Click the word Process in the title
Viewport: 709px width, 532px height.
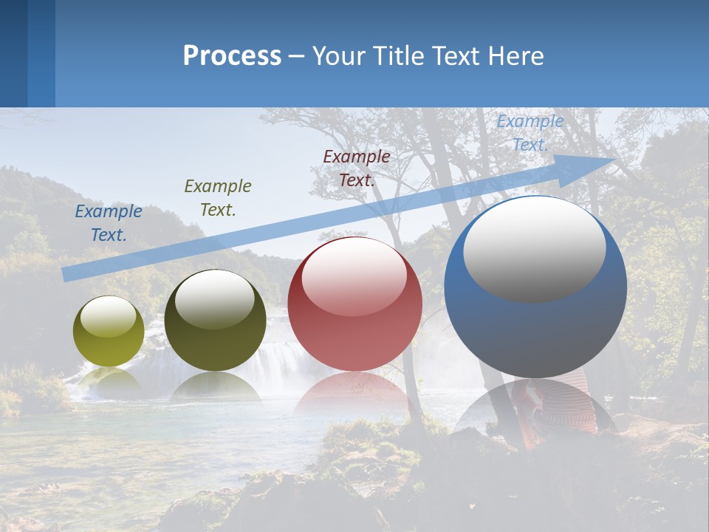(232, 56)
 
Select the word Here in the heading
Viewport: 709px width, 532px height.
(516, 56)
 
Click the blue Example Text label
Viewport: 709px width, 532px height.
(109, 223)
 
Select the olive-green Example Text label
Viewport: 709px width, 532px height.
(218, 198)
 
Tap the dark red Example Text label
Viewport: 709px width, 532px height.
(357, 168)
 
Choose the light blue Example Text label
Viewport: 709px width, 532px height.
(530, 133)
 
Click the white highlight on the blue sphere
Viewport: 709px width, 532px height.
(534, 249)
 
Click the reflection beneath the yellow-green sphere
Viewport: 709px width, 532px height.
(109, 381)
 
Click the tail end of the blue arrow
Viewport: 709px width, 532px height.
(66, 274)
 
